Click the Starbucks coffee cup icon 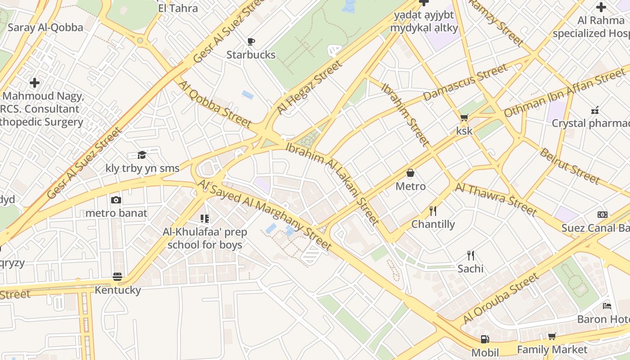(251, 42)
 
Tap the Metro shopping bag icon (410, 173)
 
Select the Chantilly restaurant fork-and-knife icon (433, 211)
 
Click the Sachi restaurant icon (471, 256)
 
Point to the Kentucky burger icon (117, 276)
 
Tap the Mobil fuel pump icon (485, 339)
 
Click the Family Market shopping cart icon (552, 337)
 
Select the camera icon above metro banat (116, 200)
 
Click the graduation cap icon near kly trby (142, 155)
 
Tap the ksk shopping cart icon (464, 117)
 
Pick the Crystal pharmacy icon (595, 110)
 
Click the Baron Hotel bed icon (607, 306)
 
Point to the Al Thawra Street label (496, 199)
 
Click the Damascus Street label (465, 82)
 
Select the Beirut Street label (570, 166)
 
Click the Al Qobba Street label (214, 103)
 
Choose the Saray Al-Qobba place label (45, 27)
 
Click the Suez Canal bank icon (603, 215)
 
